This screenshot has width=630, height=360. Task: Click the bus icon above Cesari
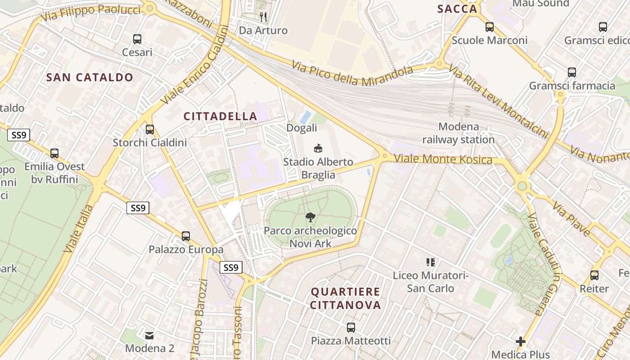click(x=137, y=39)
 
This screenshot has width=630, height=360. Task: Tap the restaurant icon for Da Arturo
click(x=263, y=17)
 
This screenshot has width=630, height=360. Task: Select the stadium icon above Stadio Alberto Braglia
click(x=318, y=148)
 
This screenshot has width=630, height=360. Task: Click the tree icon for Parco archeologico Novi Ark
click(x=310, y=218)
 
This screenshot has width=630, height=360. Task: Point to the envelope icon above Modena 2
click(x=149, y=335)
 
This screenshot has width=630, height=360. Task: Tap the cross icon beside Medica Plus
click(x=521, y=342)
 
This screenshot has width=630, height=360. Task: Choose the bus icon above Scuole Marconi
click(x=490, y=27)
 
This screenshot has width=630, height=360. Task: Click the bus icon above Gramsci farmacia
click(x=571, y=72)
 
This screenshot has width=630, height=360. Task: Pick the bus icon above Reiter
click(x=594, y=275)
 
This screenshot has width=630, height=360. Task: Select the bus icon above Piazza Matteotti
click(x=351, y=328)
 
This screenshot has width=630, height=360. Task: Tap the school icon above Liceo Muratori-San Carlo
click(x=431, y=262)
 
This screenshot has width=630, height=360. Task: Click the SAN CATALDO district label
click(x=90, y=77)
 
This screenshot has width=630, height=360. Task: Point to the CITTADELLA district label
click(x=220, y=116)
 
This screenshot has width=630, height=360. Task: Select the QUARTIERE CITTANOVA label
click(x=346, y=298)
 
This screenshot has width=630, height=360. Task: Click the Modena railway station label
click(x=459, y=133)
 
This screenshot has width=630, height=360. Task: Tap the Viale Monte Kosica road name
click(x=443, y=159)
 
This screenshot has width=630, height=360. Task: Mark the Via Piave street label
click(x=571, y=220)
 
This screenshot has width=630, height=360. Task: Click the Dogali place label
click(x=301, y=128)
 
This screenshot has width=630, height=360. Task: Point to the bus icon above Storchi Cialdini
click(x=150, y=130)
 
